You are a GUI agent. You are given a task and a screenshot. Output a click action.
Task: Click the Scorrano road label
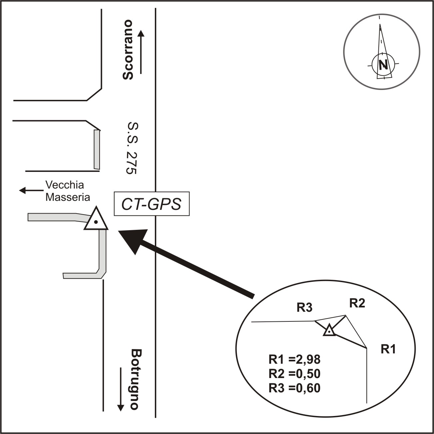[x=128, y=50]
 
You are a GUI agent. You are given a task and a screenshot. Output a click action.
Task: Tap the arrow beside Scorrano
[x=141, y=52]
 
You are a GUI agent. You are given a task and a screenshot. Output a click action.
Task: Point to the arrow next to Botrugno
[x=121, y=389]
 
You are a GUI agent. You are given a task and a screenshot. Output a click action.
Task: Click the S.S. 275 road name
[x=132, y=148]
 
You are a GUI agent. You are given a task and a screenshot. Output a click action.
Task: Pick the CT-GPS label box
[x=152, y=204]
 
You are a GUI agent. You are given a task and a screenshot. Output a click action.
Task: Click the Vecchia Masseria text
[x=68, y=191]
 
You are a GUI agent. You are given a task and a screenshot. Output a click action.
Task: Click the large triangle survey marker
[x=96, y=220]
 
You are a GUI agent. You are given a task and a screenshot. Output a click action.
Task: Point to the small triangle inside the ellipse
[x=329, y=330]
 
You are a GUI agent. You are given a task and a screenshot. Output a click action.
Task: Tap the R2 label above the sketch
[x=357, y=303]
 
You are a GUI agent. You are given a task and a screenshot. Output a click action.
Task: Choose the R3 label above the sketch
[x=305, y=308]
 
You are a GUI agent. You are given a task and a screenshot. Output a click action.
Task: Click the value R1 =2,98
[x=294, y=360]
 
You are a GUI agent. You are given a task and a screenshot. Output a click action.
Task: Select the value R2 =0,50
[x=294, y=374]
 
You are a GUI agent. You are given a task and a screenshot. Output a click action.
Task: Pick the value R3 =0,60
[x=294, y=388]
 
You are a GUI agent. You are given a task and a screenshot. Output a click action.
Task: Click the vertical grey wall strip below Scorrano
[x=97, y=149]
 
